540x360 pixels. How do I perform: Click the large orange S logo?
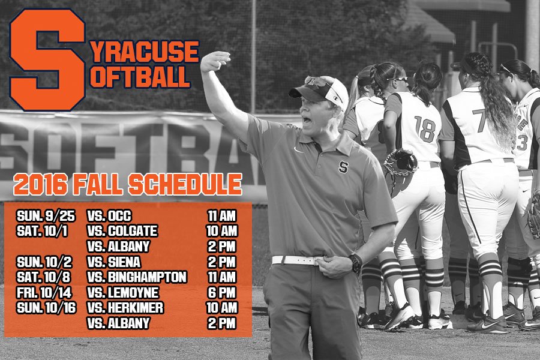pos(47,59)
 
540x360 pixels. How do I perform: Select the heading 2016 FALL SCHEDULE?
pos(127,184)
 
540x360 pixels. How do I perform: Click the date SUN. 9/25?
pos(46,216)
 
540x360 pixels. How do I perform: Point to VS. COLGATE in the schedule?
pos(122,231)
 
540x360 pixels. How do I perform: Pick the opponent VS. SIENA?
pos(113,262)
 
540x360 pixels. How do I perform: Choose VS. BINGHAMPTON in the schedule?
pos(137,277)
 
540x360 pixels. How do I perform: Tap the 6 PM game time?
pos(221,292)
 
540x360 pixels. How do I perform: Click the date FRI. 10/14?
pos(44,292)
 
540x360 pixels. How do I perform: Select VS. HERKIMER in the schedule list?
pos(125,308)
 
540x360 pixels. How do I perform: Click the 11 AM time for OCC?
pos(221,216)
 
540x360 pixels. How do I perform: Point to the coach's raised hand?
pos(215,61)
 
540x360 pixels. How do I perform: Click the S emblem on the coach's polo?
pos(343,167)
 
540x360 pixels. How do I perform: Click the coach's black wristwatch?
pos(355,263)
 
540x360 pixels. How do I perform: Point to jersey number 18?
pos(425,129)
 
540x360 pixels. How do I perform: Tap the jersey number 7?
pos(479,120)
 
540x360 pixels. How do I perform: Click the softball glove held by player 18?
pos(401,163)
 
